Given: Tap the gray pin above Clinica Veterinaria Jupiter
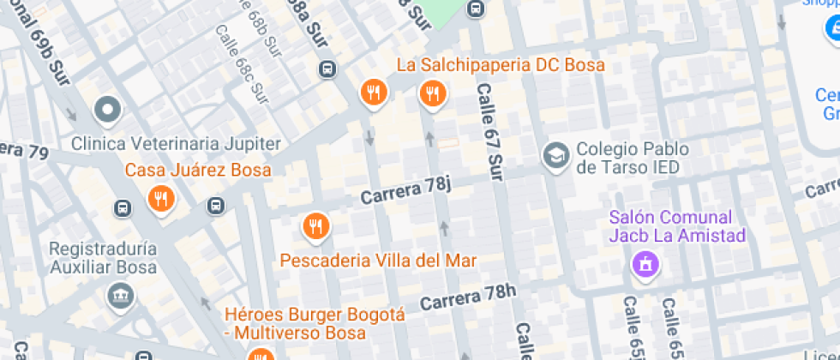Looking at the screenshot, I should click(108, 110).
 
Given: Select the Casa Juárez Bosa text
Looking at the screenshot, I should click(198, 170).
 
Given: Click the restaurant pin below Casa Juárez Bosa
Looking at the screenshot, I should click(159, 199).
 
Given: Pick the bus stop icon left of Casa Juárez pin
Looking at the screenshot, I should click(123, 207).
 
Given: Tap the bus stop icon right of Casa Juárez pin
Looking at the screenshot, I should click(215, 206).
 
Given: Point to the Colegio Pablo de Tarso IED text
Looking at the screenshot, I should click(633, 158).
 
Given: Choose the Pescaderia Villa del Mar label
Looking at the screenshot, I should click(378, 260).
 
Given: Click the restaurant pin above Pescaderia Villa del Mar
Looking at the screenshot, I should click(316, 226).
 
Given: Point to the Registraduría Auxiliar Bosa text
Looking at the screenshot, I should click(104, 256).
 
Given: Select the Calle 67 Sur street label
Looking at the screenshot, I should click(489, 132).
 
